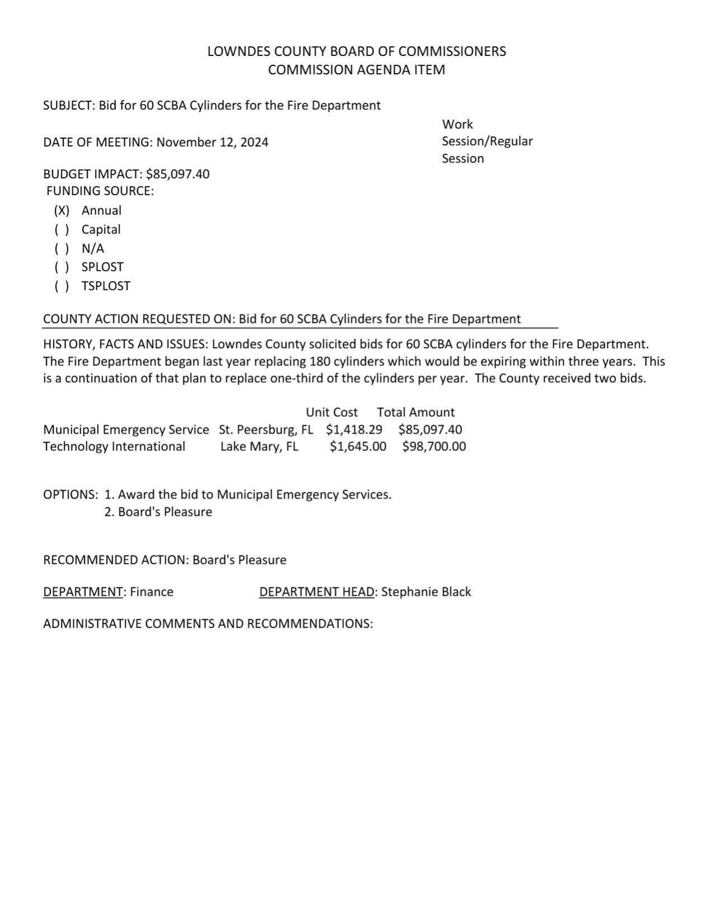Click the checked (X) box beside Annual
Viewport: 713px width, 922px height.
pos(62,211)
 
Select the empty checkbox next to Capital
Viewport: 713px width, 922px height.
pos(62,230)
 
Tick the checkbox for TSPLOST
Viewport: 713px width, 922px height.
pos(62,286)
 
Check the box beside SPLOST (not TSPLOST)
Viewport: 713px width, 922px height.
pos(62,267)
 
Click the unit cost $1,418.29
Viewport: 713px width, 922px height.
pos(354,430)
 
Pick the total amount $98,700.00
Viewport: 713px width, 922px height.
pos(433,446)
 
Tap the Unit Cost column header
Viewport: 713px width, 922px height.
pos(331,412)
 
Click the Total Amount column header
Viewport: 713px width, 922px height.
pos(415,412)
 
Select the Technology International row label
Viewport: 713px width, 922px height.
pos(114,446)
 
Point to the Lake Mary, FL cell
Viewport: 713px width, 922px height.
pos(259,446)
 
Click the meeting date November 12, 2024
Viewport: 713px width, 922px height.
pos(212,142)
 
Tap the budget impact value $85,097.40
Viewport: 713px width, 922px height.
pos(177,174)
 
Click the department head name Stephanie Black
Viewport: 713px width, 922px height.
pos(426,592)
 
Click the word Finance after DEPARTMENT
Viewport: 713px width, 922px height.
pos(152,592)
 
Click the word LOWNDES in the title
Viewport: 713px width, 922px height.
pos(234,51)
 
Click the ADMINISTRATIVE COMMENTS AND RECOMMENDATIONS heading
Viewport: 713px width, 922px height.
pos(207,624)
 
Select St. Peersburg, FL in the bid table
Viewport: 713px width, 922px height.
pos(266,430)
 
